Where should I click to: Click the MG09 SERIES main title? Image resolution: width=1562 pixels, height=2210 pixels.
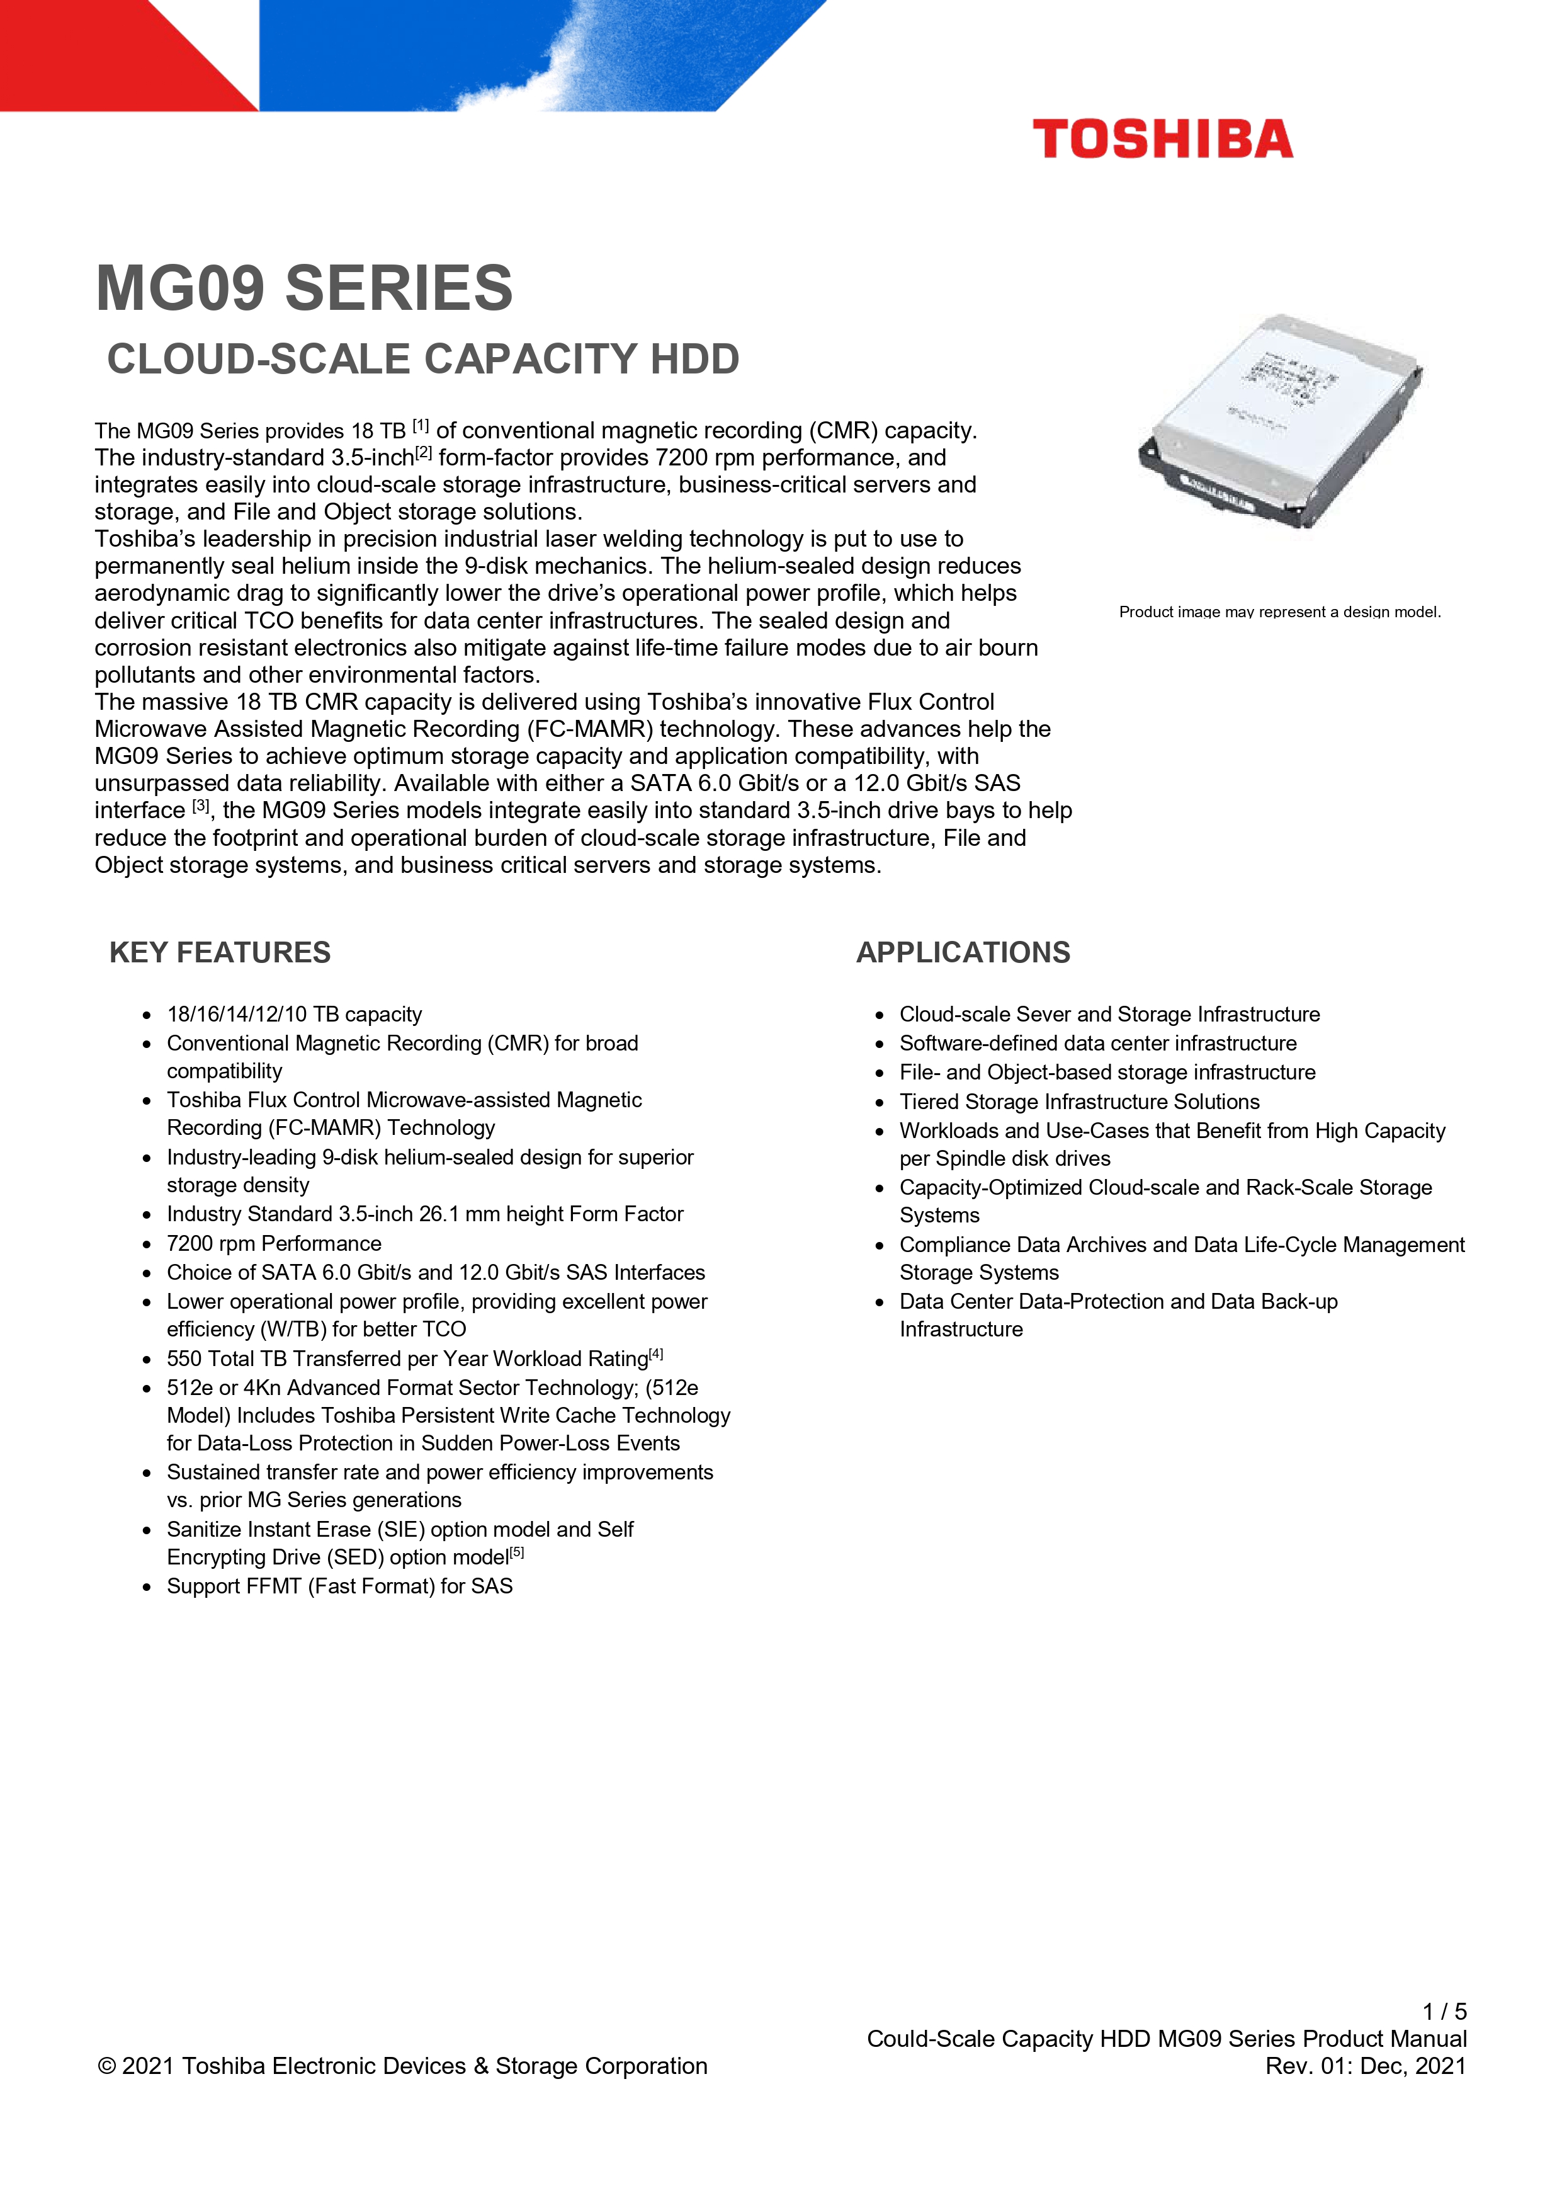(x=304, y=288)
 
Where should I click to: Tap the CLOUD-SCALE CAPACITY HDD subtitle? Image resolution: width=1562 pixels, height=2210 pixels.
(x=422, y=359)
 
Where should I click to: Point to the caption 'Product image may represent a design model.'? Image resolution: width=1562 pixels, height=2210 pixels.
(x=1279, y=612)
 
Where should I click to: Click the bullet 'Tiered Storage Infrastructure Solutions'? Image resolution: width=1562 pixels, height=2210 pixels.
(x=1079, y=1102)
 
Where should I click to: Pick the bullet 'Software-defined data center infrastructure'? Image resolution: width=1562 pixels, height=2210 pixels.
(x=1098, y=1044)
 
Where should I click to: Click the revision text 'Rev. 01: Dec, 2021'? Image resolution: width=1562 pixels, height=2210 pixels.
(x=1366, y=2066)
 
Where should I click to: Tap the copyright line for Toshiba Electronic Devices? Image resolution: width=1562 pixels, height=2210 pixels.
(x=402, y=2066)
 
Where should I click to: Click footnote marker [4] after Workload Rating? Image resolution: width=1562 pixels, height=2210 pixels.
(x=657, y=1354)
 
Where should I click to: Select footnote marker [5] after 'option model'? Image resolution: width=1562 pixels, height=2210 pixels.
(x=518, y=1552)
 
